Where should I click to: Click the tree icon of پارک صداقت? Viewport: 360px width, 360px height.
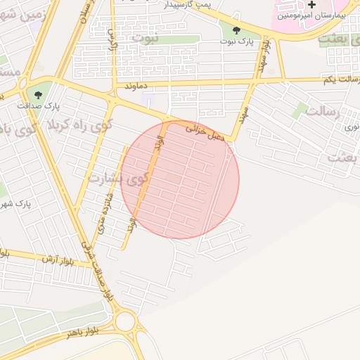[38, 94]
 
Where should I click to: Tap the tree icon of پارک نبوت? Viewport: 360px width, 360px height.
[236, 30]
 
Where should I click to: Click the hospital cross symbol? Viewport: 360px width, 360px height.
[311, 4]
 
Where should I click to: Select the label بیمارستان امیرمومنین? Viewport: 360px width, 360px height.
[309, 15]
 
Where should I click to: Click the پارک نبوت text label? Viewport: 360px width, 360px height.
[236, 41]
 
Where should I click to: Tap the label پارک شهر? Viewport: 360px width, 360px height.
[27, 204]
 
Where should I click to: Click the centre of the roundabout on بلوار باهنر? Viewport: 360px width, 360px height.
[125, 322]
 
